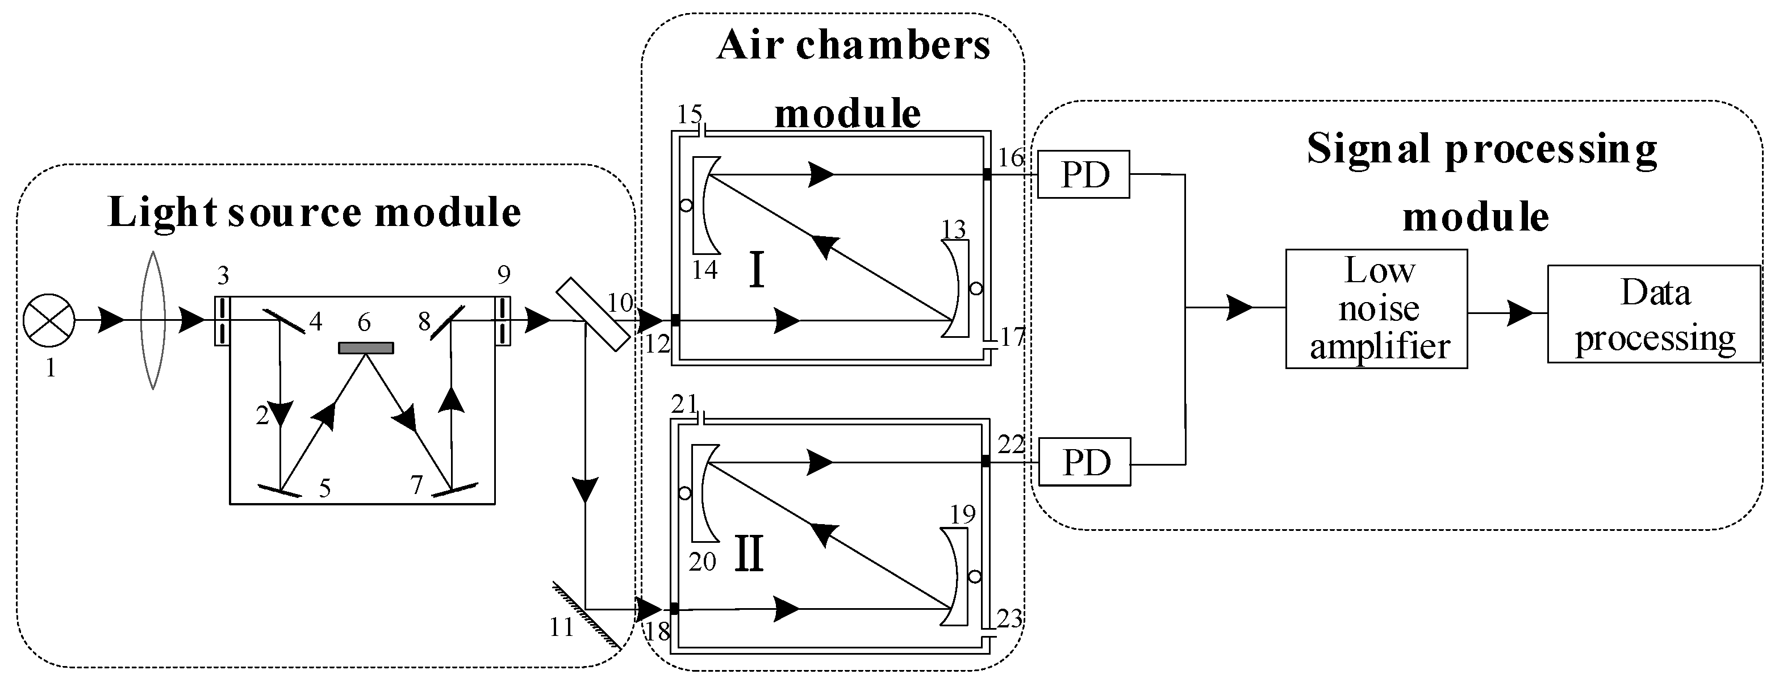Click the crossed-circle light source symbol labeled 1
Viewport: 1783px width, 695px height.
(48, 320)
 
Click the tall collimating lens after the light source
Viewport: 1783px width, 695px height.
(152, 320)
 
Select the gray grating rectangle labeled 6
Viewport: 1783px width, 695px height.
(365, 348)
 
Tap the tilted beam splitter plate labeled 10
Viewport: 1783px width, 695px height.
(593, 314)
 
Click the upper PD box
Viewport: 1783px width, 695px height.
(1084, 174)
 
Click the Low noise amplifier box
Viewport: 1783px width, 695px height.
(1376, 309)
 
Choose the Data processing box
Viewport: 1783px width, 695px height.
(1653, 313)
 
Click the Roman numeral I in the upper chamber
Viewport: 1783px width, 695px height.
(757, 271)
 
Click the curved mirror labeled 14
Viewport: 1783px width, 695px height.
(706, 205)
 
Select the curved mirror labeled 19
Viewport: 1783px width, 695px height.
(954, 577)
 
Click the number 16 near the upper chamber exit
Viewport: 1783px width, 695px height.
(1010, 158)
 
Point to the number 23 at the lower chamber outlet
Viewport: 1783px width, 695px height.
(1009, 618)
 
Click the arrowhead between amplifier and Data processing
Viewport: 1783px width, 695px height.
(1521, 313)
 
